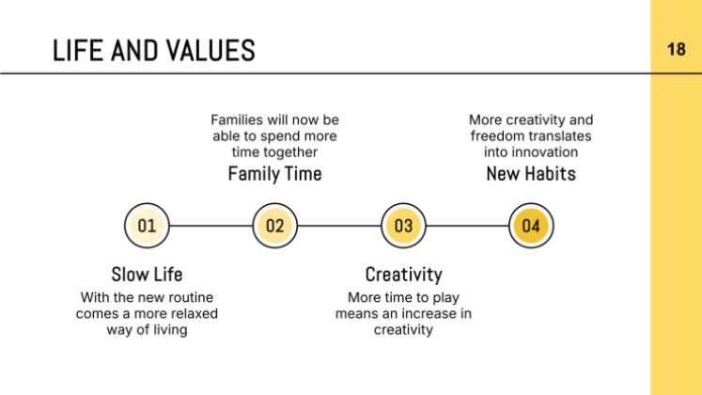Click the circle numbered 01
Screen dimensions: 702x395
147,226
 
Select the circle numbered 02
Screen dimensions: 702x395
275,226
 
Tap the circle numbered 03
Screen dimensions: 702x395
403,226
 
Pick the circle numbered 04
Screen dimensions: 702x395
531,226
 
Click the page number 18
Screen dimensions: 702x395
676,49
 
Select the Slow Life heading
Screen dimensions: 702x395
147,275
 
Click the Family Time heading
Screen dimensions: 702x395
275,174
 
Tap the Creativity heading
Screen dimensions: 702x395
403,275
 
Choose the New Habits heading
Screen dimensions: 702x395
531,174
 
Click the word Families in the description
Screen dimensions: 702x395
237,120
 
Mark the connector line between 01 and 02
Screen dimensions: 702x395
211,226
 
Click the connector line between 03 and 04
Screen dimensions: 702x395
467,226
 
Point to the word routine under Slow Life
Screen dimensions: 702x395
190,297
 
